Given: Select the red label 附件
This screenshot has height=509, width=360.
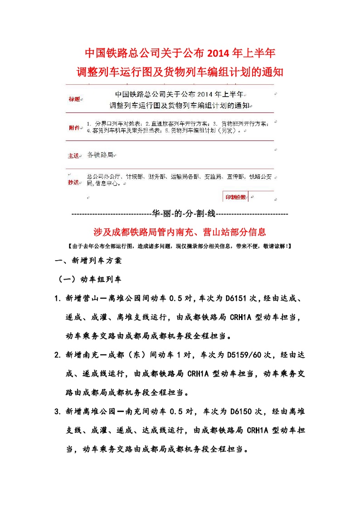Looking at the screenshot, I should click(74, 127).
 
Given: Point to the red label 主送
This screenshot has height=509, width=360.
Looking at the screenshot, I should click(74, 155).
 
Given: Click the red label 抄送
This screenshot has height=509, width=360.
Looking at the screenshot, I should click(74, 182).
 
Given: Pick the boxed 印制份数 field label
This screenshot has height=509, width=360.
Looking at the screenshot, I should click(236, 197).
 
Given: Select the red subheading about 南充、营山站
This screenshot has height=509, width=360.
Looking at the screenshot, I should click(180, 232).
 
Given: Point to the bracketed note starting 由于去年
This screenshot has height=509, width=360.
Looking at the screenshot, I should click(180, 247).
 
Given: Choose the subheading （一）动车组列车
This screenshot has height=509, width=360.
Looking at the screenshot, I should click(89, 279).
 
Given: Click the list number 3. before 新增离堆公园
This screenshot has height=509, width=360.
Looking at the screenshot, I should click(58, 412).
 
